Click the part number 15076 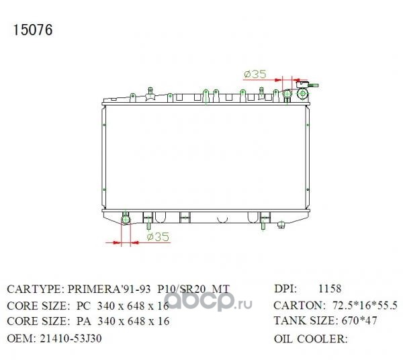[x=33, y=30]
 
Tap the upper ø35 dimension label [x=255, y=75]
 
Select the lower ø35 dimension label [x=158, y=236]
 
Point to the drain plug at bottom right [x=281, y=225]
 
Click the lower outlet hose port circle [x=126, y=220]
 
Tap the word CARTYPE [x=34, y=289]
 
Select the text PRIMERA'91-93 [x=109, y=289]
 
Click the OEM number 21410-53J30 [x=71, y=339]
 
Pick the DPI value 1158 [x=330, y=289]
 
